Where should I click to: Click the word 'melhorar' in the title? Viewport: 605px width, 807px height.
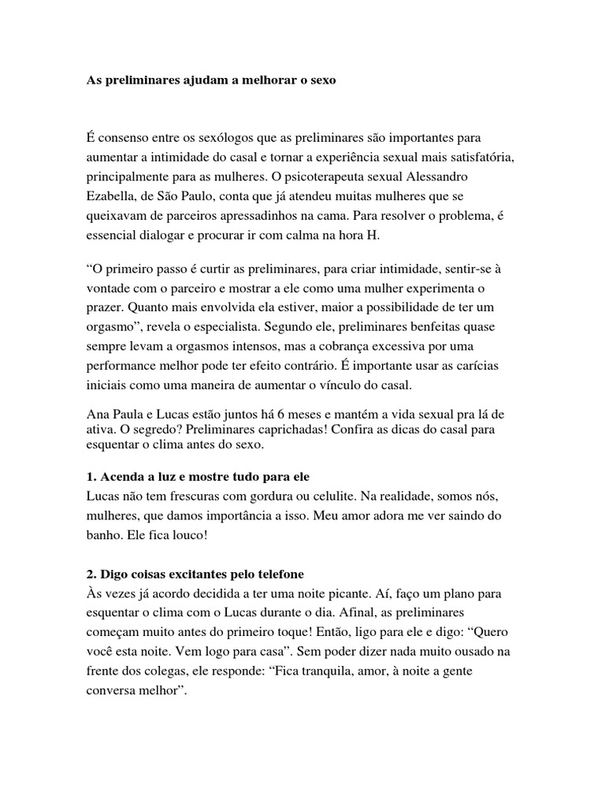(x=254, y=80)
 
